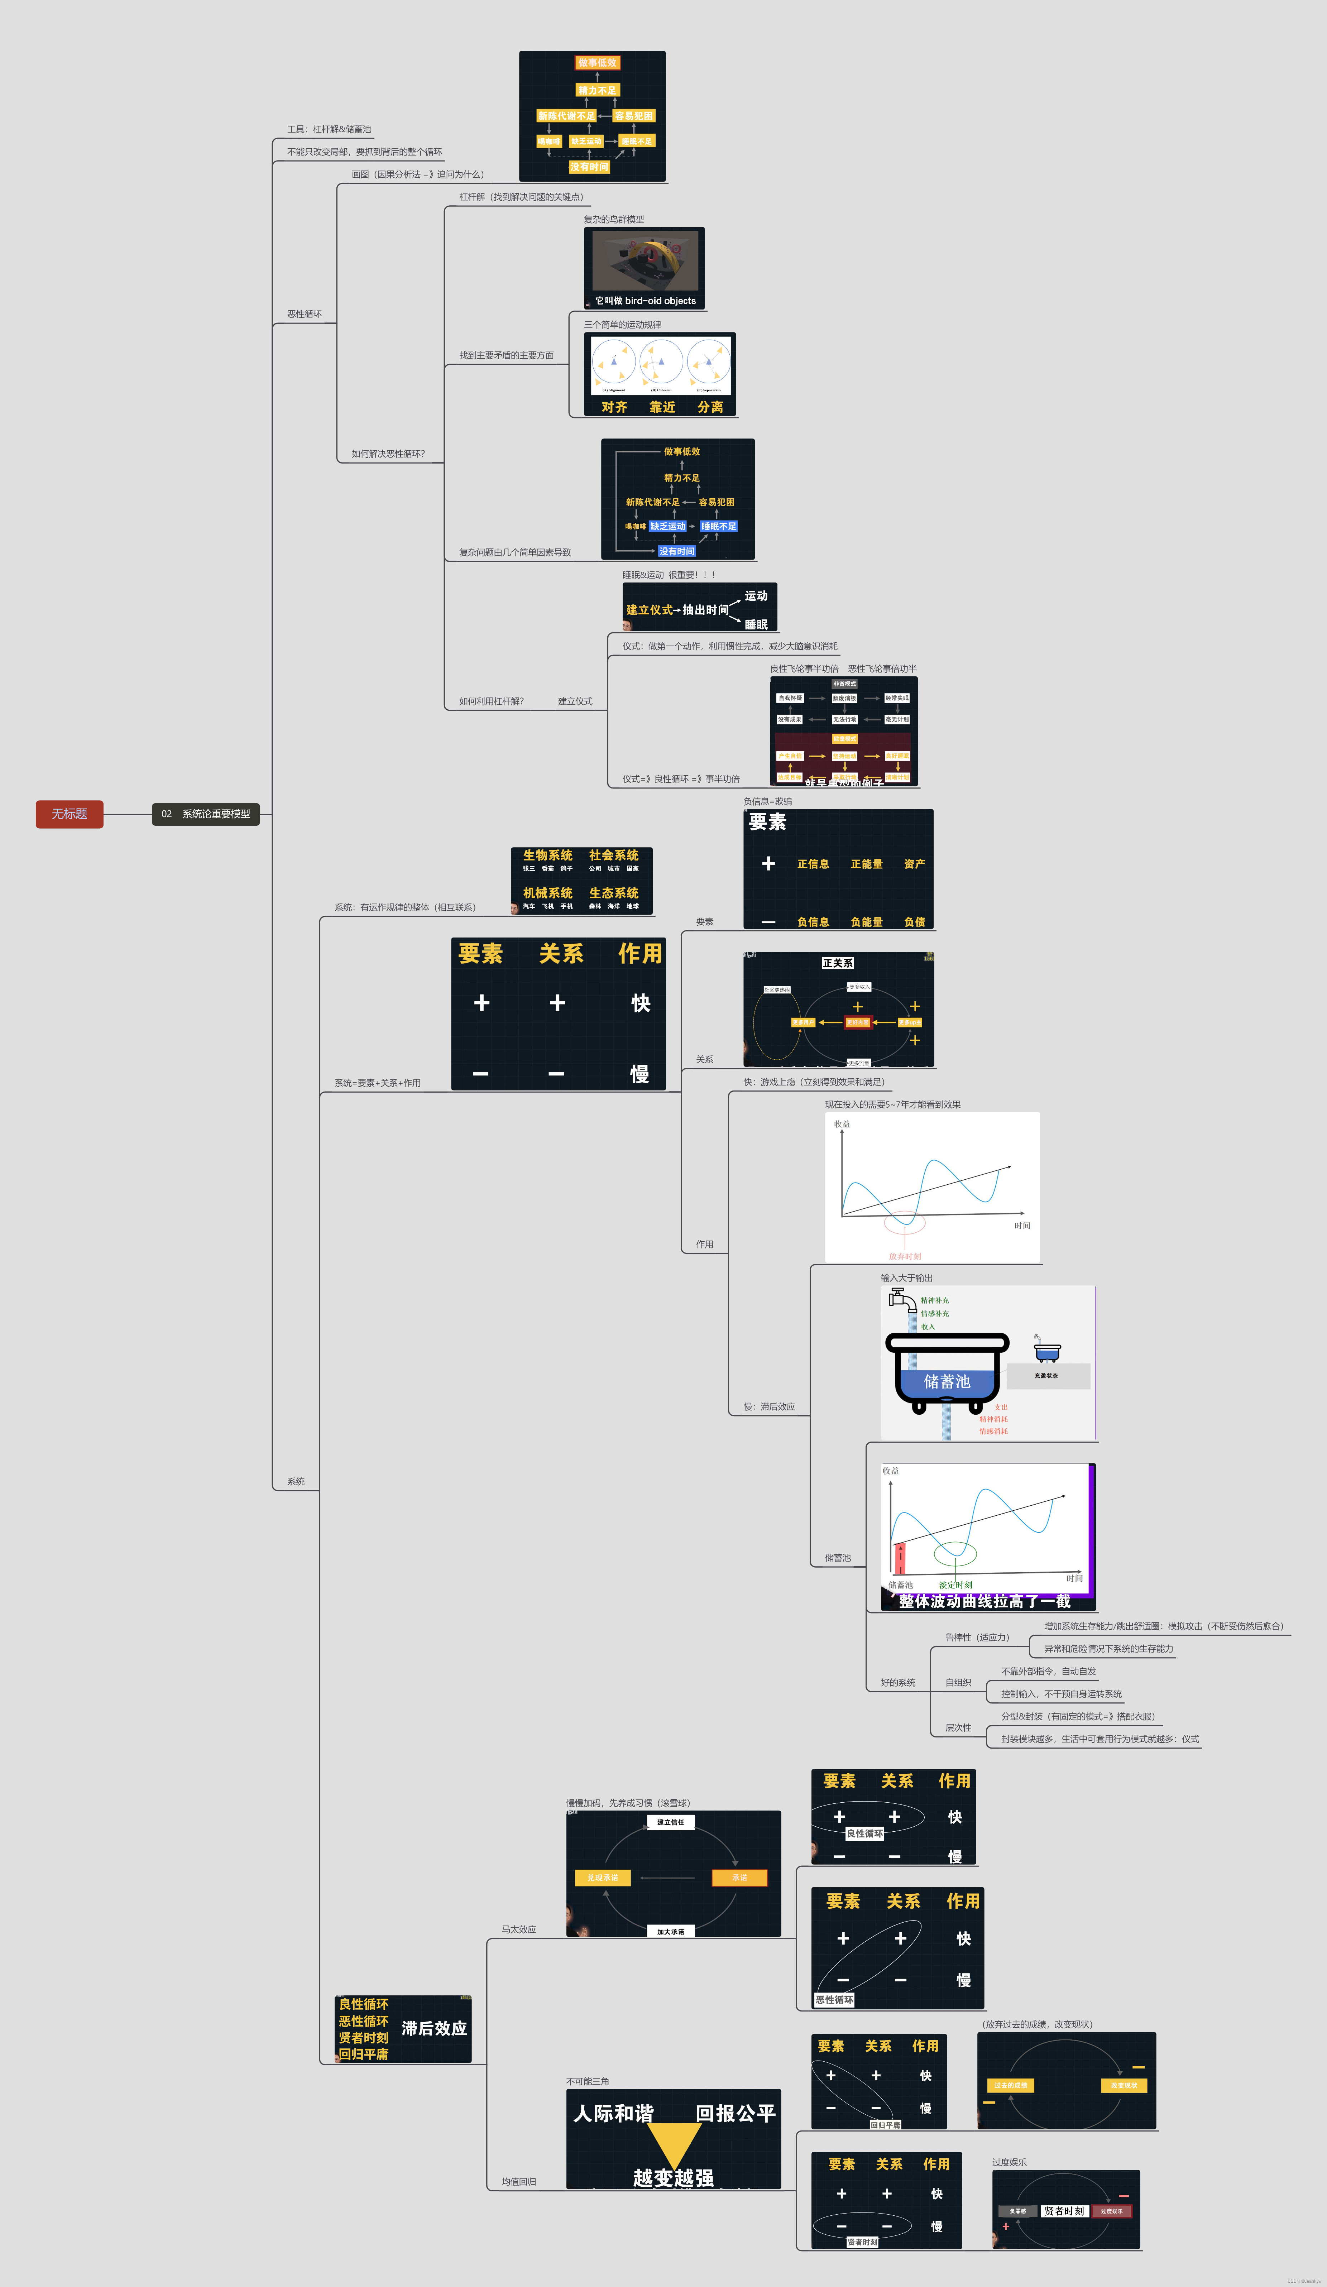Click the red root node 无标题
point(69,814)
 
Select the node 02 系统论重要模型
point(206,814)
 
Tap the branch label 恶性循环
point(304,314)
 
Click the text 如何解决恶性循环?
point(388,454)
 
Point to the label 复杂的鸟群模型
point(614,220)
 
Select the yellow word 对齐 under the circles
point(614,407)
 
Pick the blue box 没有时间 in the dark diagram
point(676,551)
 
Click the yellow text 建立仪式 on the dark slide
point(649,610)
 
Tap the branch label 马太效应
point(518,1929)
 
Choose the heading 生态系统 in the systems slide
point(614,893)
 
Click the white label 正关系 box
point(837,963)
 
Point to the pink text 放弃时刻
point(905,1256)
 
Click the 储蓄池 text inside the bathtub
point(947,1381)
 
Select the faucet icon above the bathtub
point(901,1300)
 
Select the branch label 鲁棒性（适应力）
point(977,1637)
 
